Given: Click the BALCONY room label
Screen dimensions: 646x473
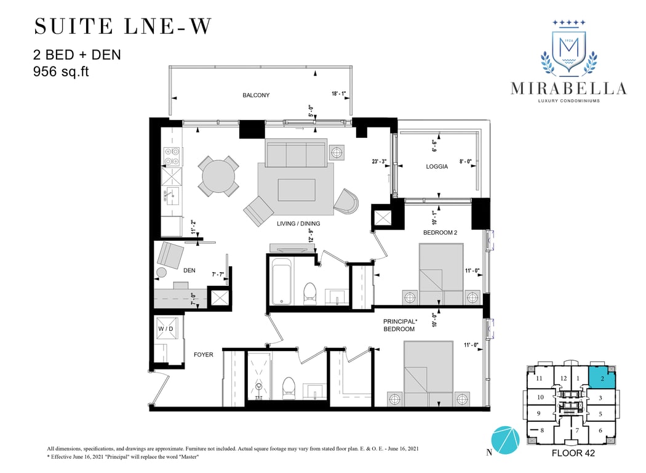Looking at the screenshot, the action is (x=256, y=95).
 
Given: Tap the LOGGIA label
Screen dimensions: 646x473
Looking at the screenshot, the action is (x=437, y=167).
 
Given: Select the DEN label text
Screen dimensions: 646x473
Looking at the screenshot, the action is (x=189, y=270).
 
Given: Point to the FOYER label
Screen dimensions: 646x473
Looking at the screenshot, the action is (x=204, y=355).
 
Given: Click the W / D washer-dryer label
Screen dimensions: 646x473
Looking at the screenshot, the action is (x=165, y=329).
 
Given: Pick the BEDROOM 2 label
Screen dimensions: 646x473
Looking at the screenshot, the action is (x=440, y=233).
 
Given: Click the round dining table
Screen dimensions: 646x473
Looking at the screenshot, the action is (x=218, y=177).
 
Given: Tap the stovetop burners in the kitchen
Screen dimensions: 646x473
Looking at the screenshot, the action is (x=172, y=156).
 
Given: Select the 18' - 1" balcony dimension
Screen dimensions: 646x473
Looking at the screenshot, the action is (x=338, y=94).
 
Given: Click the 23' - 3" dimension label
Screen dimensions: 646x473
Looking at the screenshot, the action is (x=379, y=161).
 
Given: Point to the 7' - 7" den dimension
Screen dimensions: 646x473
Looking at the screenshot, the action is (x=218, y=274).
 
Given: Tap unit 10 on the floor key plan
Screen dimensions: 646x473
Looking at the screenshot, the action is (x=541, y=397).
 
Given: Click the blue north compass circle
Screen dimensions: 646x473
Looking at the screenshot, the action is (x=506, y=440).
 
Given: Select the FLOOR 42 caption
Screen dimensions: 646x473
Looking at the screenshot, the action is (x=573, y=453).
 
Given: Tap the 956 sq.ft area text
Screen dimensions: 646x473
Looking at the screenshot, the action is (x=61, y=72).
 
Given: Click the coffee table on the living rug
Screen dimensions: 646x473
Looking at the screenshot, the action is (x=297, y=190).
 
